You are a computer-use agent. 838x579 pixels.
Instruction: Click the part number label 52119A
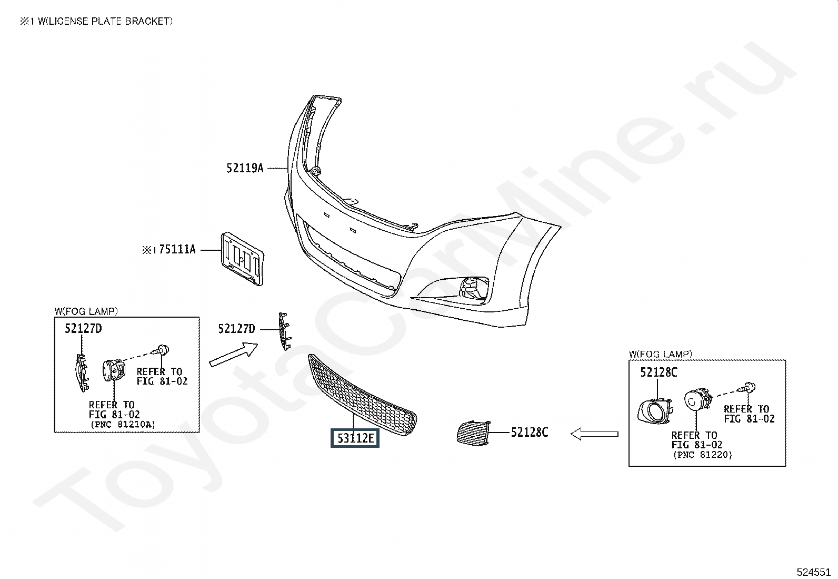(245, 169)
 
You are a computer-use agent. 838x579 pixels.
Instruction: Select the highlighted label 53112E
(355, 438)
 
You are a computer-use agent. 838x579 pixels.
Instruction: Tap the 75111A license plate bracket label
(177, 250)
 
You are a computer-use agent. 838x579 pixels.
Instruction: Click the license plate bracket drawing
(242, 259)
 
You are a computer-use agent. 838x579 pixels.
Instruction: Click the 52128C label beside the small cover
(530, 433)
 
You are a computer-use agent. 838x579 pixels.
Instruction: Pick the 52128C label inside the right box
(659, 373)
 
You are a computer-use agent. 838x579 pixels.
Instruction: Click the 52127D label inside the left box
(83, 329)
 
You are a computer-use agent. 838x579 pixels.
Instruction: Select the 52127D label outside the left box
(236, 329)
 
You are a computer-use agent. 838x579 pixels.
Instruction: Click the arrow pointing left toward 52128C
(594, 434)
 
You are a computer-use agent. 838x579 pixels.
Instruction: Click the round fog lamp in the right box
(696, 402)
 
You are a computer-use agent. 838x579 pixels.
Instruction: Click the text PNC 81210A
(122, 424)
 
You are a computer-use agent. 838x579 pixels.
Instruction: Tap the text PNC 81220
(702, 455)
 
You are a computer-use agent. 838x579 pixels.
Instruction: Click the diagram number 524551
(814, 572)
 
